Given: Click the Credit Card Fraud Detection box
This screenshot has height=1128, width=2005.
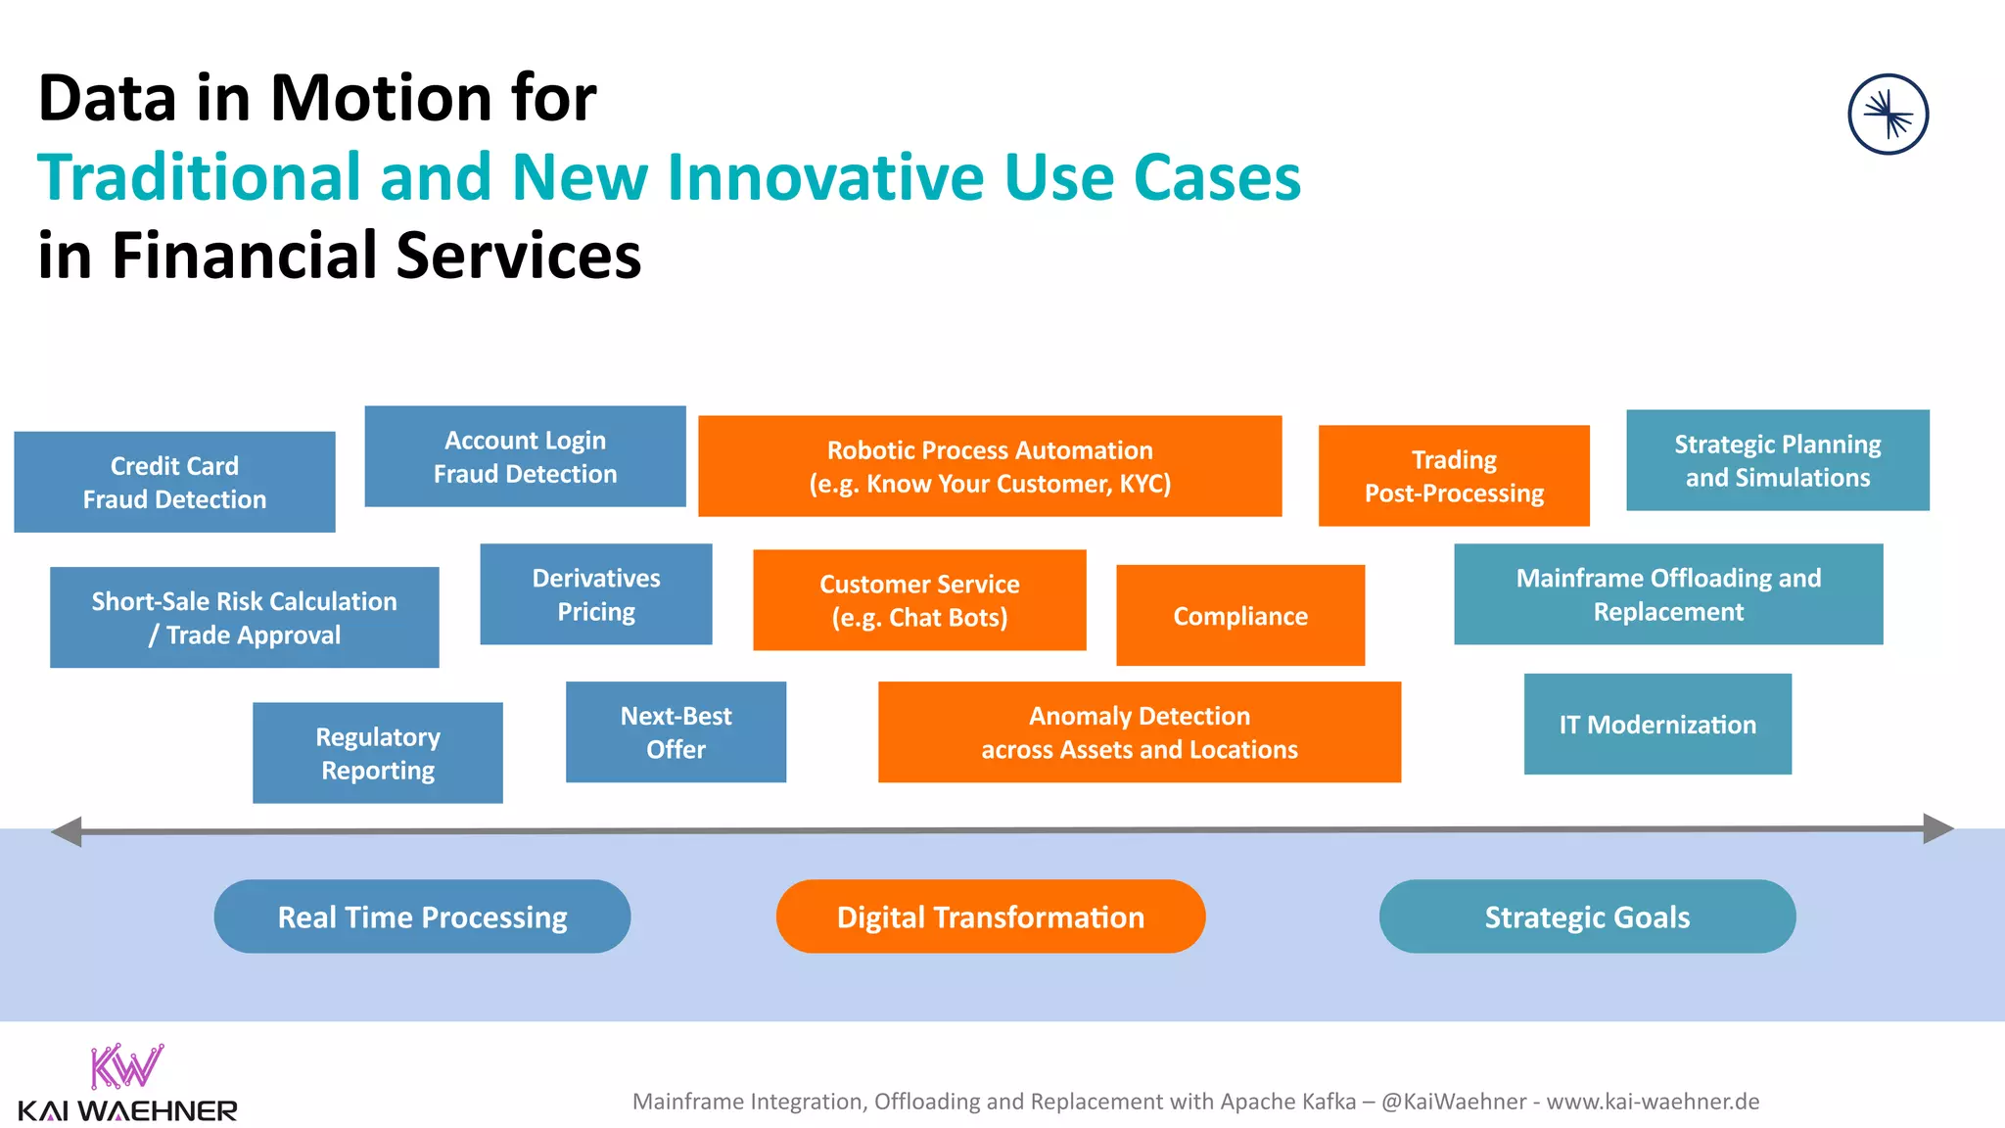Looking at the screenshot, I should [x=174, y=482].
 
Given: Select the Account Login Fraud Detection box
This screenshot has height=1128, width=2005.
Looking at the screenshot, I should [x=525, y=456].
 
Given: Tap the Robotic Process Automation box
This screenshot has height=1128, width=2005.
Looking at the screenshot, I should [x=990, y=466].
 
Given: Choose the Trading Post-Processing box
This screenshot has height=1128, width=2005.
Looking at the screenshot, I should [x=1454, y=476].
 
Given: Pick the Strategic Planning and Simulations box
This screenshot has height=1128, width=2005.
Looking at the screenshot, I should [x=1777, y=460].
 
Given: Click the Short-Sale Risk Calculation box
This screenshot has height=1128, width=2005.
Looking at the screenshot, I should [x=244, y=617].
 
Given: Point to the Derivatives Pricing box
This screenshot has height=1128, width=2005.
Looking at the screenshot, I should [x=595, y=594].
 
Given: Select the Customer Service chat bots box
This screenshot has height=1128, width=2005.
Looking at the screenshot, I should [x=919, y=600].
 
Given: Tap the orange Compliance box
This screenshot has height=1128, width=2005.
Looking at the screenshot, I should [x=1239, y=615].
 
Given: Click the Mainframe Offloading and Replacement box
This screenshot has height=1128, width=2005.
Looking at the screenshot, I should [x=1667, y=594].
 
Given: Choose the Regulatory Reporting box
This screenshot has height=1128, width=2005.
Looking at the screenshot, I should [x=377, y=753].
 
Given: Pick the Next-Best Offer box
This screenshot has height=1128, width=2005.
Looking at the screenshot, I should [x=676, y=732].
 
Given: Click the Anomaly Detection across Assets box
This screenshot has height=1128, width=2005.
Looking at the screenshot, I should [x=1139, y=732].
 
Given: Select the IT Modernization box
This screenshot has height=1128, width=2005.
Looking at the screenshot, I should [x=1656, y=725].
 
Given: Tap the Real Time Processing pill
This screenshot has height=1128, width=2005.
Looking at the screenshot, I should [x=422, y=916].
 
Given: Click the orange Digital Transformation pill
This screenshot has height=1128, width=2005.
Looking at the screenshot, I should [x=990, y=916].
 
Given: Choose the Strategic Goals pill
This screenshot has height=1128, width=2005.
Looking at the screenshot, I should [x=1586, y=916].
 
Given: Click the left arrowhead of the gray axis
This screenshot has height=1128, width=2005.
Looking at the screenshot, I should [x=67, y=832].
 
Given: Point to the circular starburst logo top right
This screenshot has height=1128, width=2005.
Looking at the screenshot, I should [x=1888, y=115].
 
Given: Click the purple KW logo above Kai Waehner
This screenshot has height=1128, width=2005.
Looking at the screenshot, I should [x=126, y=1066].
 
